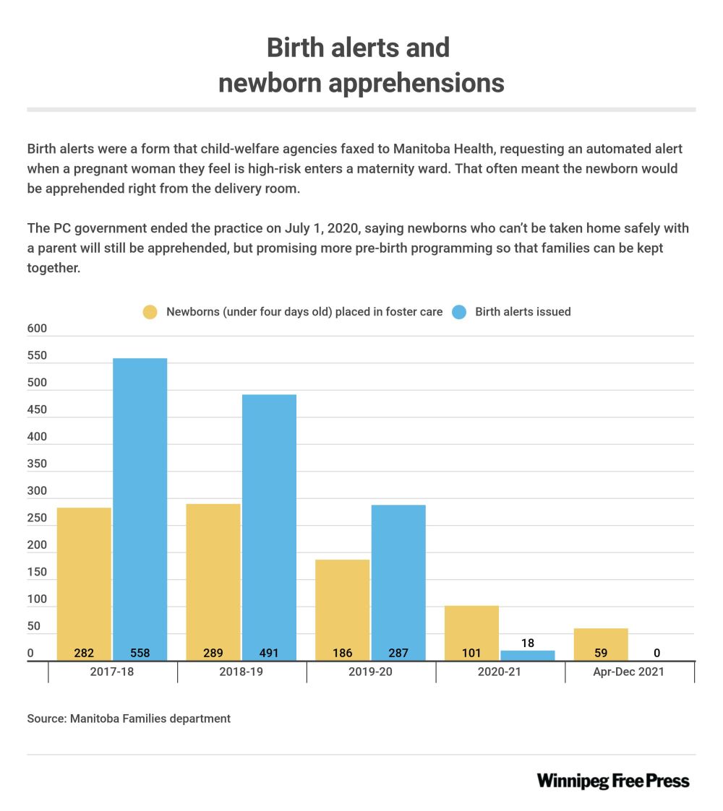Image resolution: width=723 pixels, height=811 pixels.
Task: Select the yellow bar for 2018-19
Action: (x=213, y=578)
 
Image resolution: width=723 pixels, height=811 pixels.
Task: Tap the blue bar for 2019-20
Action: (x=398, y=578)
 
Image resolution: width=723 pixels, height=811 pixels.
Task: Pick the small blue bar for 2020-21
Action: (x=528, y=655)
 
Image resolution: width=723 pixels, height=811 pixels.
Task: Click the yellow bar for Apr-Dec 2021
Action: (x=600, y=643)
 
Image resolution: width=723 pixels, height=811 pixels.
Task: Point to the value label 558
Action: (x=140, y=654)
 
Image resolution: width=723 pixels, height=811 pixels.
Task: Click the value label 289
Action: (x=213, y=654)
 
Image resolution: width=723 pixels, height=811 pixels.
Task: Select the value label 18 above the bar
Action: (x=528, y=643)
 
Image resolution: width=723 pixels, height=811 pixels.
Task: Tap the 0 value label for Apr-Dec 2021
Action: (x=656, y=654)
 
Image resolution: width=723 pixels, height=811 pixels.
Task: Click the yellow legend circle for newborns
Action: (x=150, y=312)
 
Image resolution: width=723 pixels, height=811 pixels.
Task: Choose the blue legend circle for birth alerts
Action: (x=459, y=312)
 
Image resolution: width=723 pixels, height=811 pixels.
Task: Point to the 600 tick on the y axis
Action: (x=37, y=329)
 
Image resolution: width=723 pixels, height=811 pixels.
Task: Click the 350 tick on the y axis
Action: (x=37, y=464)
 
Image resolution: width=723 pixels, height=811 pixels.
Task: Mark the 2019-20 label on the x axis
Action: (x=371, y=671)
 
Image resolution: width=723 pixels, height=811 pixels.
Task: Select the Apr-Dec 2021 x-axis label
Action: (x=630, y=671)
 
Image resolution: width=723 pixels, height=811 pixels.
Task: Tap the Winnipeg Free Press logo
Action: (x=613, y=781)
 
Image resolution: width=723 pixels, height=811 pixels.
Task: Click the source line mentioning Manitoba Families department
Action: (x=129, y=719)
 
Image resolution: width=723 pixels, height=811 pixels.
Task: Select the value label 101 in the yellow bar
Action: (x=471, y=654)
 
